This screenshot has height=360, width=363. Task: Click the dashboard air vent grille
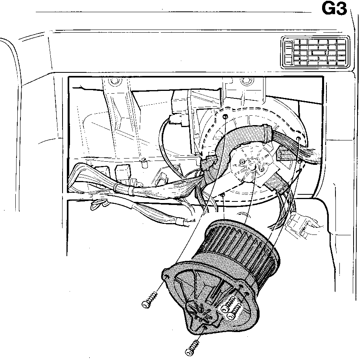(315, 52)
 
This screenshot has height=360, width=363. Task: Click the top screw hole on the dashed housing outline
(225, 116)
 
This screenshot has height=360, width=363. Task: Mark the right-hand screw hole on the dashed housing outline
(298, 138)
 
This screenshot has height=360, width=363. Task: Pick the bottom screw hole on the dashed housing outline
(223, 195)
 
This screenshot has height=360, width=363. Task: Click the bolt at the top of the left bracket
(114, 81)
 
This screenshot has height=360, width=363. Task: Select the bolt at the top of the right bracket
(245, 81)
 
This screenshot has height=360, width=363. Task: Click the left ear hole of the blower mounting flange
(166, 276)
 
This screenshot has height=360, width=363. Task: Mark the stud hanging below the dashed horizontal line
(144, 162)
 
